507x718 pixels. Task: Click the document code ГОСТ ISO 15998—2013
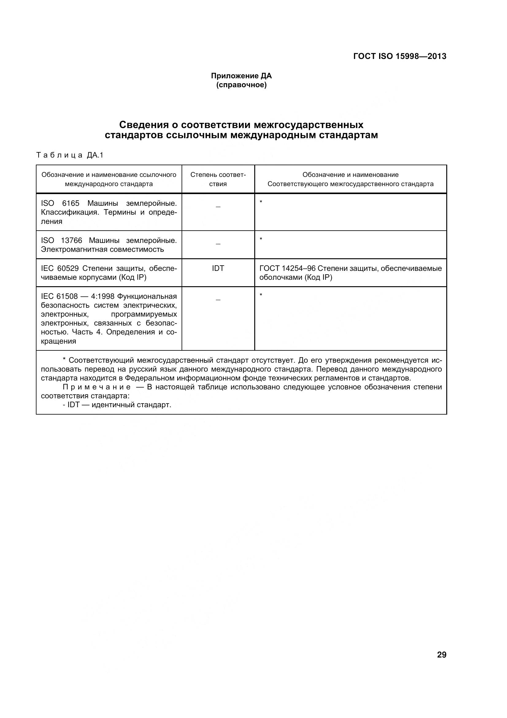pos(400,56)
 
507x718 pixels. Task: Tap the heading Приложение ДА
pos(241,76)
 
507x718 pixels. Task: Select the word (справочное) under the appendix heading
pos(241,85)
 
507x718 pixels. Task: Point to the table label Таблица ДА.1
pos(69,155)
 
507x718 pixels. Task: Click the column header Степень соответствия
pos(218,179)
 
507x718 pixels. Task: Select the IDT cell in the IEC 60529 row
pos(218,268)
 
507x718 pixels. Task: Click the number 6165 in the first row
pos(71,203)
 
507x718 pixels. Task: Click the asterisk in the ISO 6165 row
pos(261,202)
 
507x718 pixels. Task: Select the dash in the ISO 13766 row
pos(218,243)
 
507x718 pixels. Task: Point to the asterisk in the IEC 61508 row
pos(261,295)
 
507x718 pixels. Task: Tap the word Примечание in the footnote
pos(97,387)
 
